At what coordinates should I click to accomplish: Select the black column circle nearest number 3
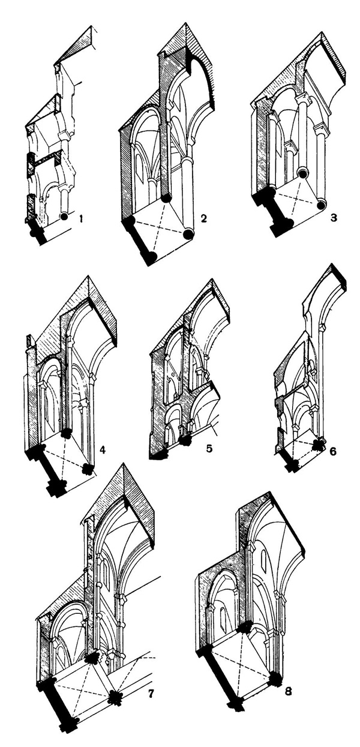pyautogui.click(x=323, y=205)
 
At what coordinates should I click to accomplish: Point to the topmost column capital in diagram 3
pyautogui.click(x=303, y=100)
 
